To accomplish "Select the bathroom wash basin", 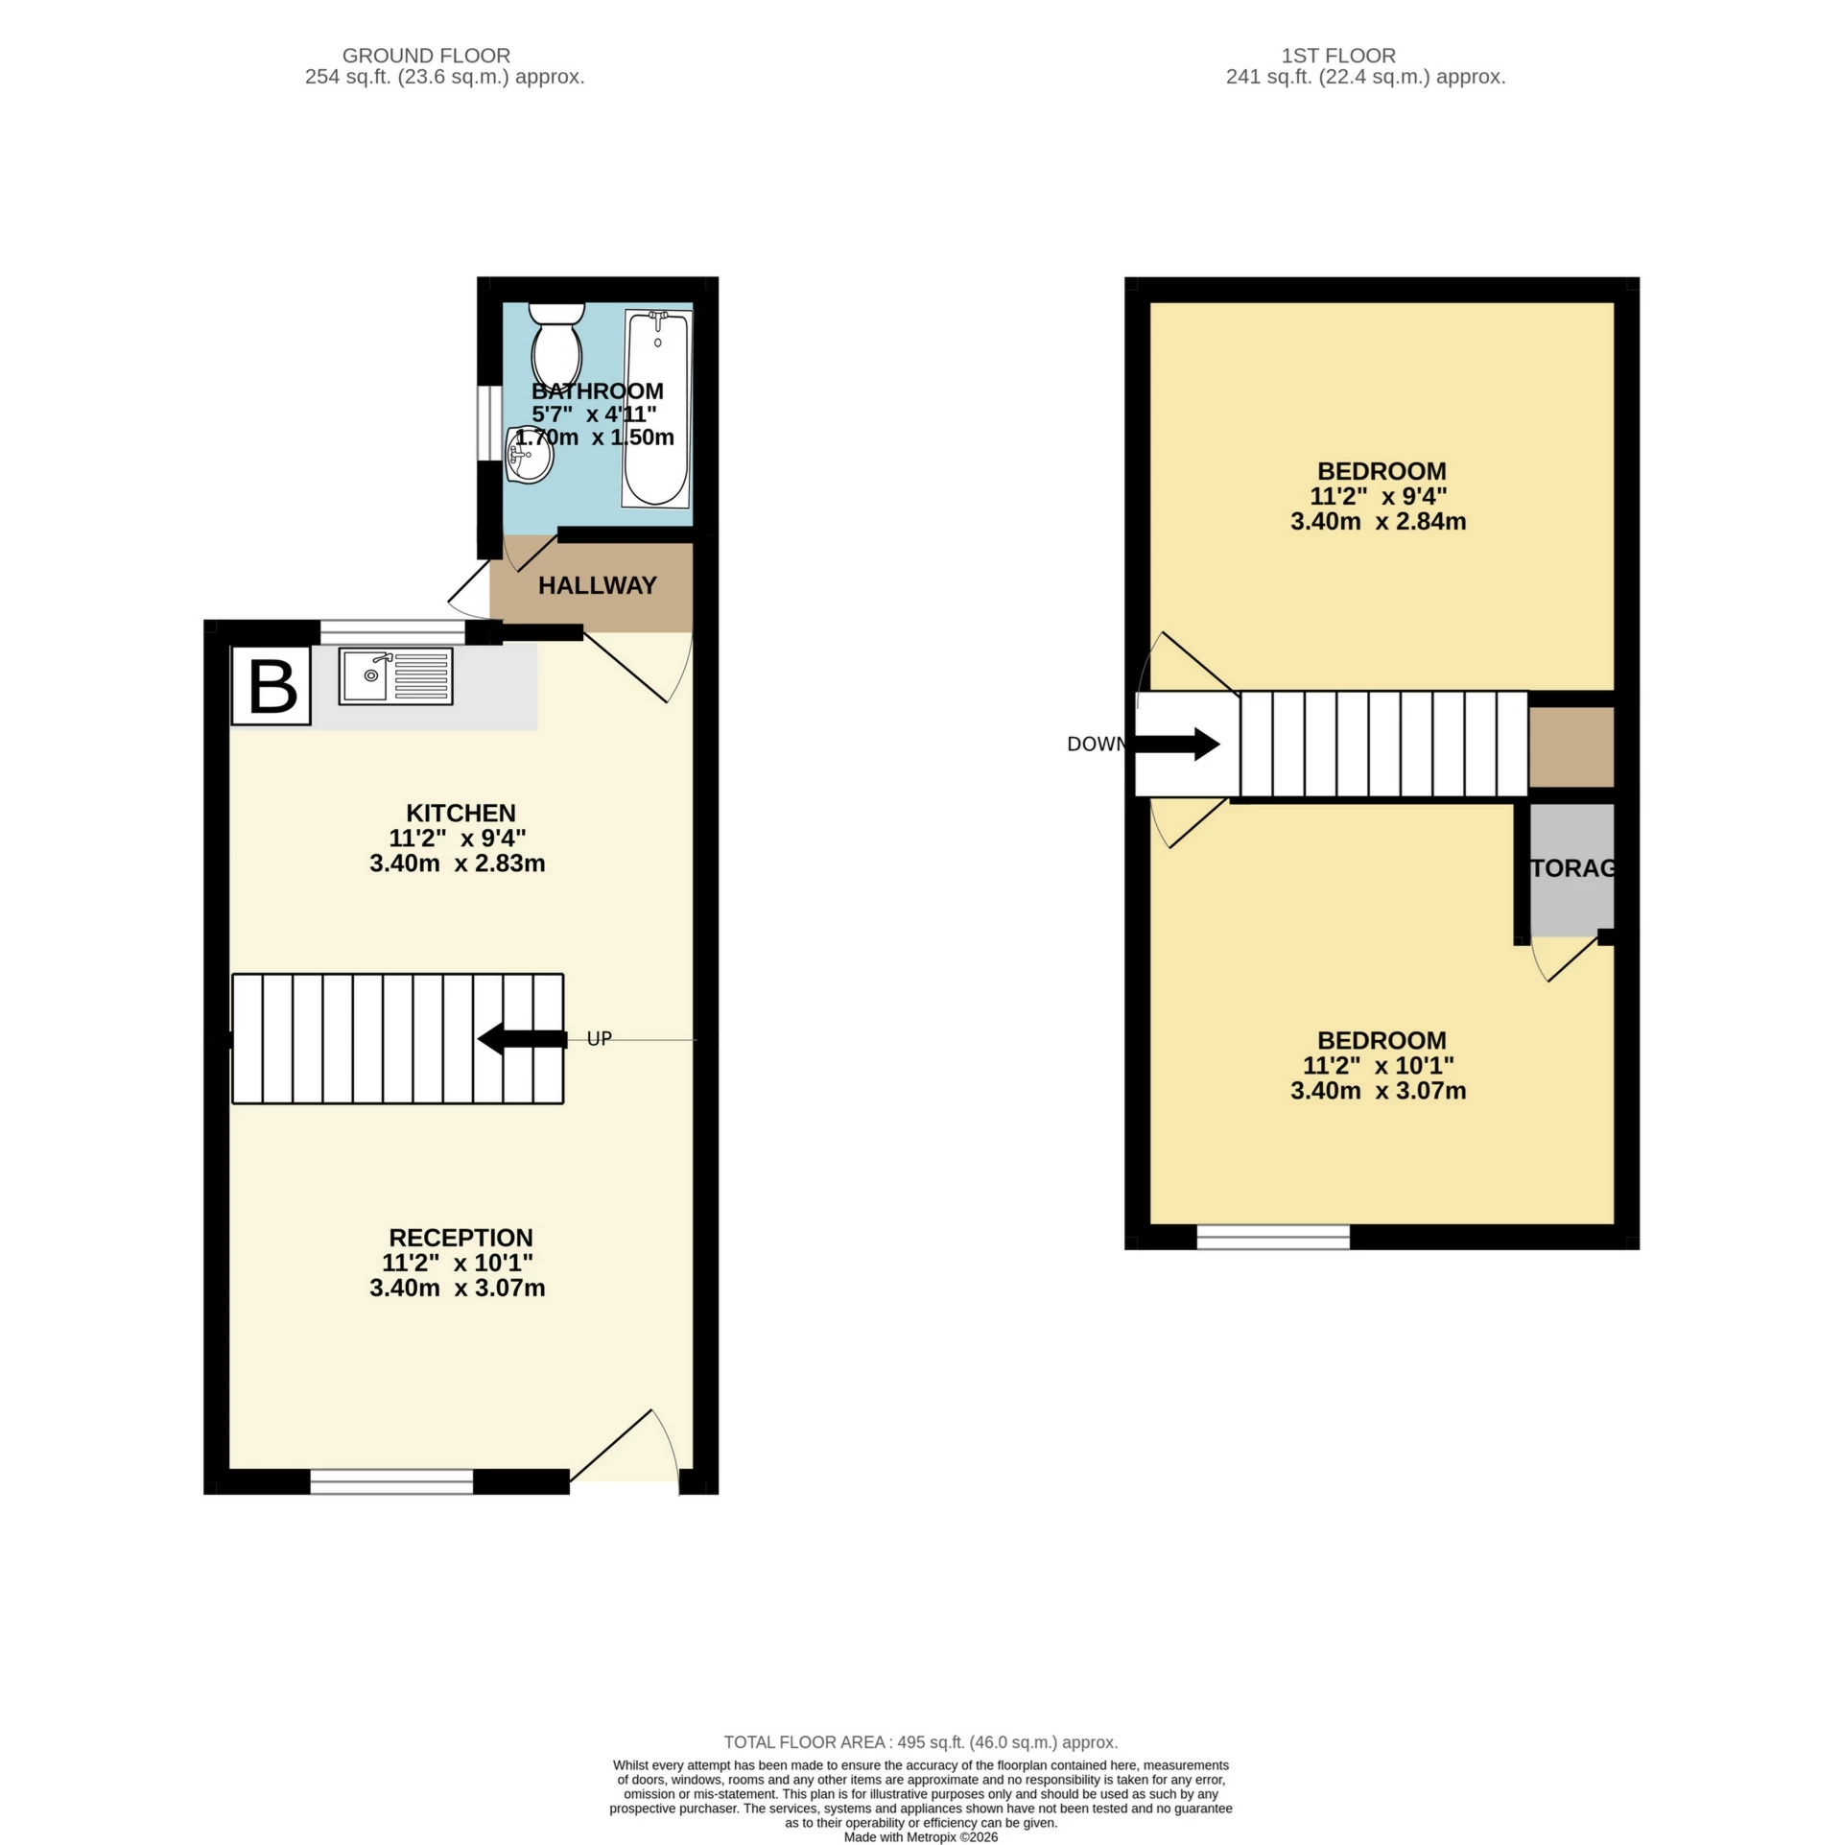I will coord(530,456).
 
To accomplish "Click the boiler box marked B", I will coord(272,685).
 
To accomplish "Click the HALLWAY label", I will coord(597,585).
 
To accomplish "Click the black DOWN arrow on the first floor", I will coord(1177,744).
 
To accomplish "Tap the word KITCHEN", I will coord(460,813).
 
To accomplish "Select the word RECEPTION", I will coord(460,1238).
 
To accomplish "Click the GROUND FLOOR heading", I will coord(426,56).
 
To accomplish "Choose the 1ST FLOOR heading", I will coord(1337,56).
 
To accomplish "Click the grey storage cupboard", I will coord(1571,869).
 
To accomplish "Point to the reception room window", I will coord(391,1481).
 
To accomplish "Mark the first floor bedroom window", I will coord(1273,1238).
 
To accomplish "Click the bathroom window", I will coord(489,431).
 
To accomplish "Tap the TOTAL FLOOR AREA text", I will coord(920,1741).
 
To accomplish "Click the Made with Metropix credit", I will coord(920,1836).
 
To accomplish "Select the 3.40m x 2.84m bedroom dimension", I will coord(1378,522).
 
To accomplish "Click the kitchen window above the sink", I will coord(392,631).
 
